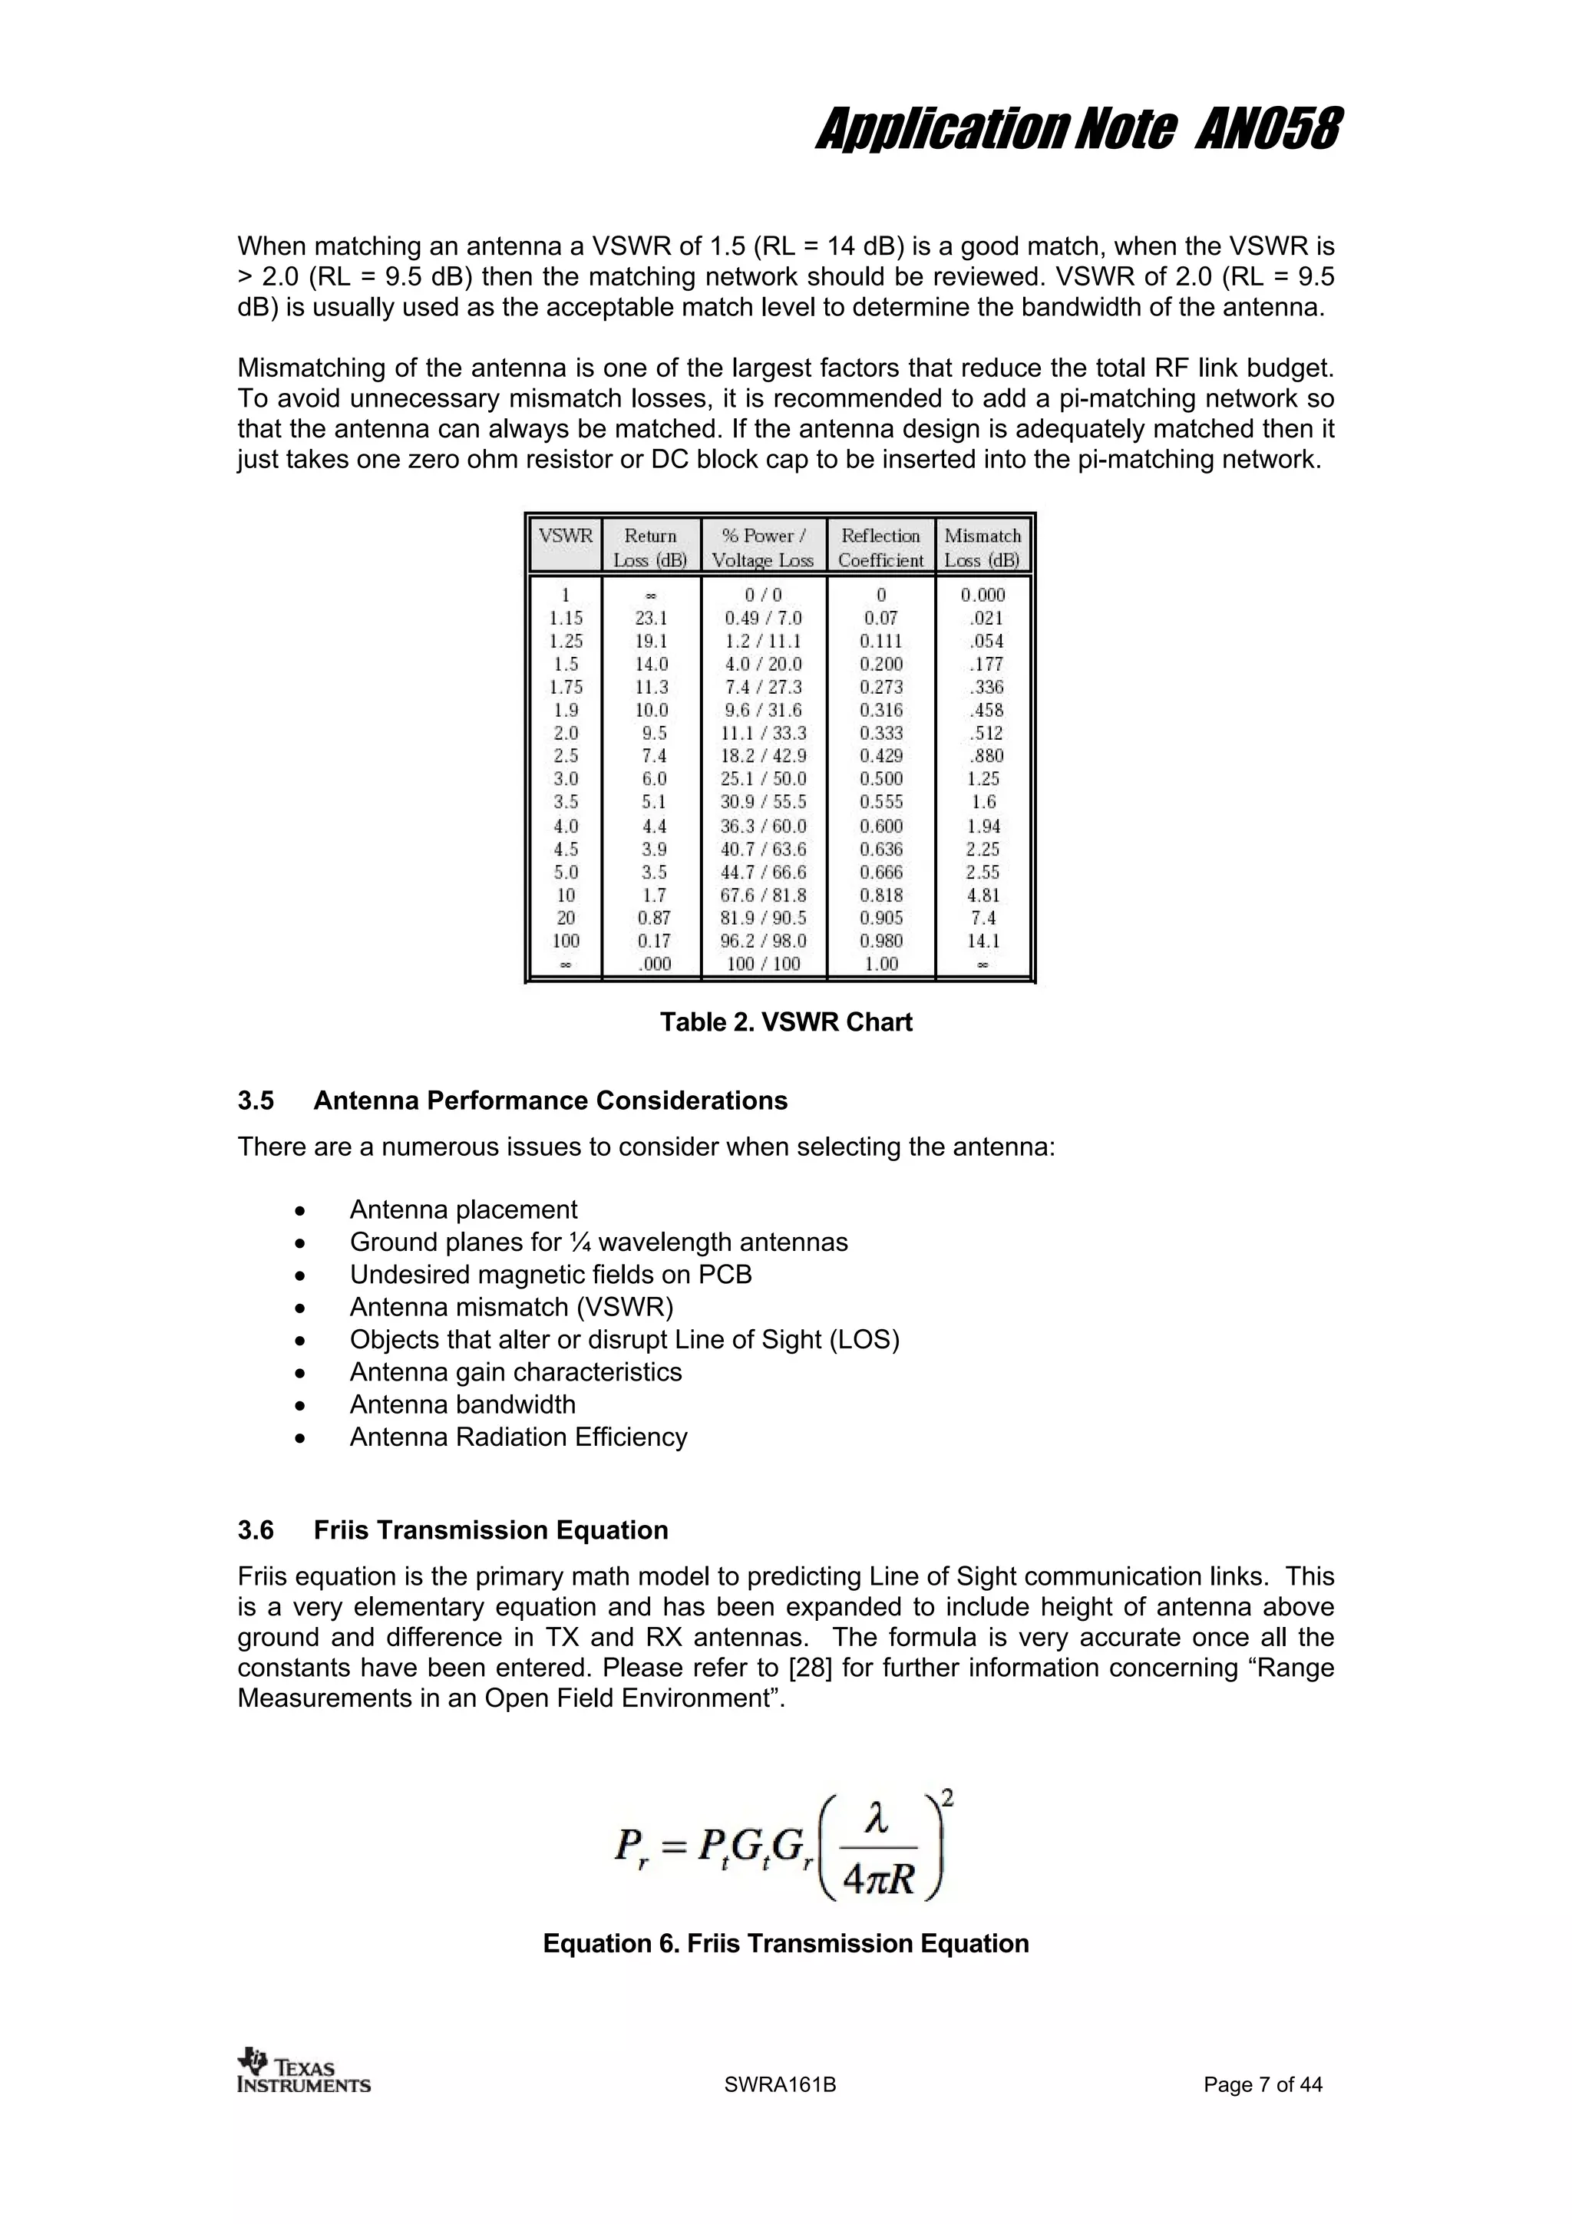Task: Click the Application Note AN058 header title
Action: [1078, 130]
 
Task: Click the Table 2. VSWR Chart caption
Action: [785, 1022]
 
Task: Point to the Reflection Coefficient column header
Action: [880, 547]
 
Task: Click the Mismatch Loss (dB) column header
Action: [982, 547]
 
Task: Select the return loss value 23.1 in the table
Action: [651, 618]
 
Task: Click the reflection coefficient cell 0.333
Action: [880, 733]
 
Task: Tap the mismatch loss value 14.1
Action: [983, 941]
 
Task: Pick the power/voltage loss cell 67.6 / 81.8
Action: [763, 895]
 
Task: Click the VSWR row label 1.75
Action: [566, 687]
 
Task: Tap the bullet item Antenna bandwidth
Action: [462, 1404]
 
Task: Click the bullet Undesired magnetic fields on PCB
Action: [550, 1275]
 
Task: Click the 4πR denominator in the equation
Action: [879, 1880]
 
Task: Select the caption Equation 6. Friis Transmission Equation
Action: [785, 1944]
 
